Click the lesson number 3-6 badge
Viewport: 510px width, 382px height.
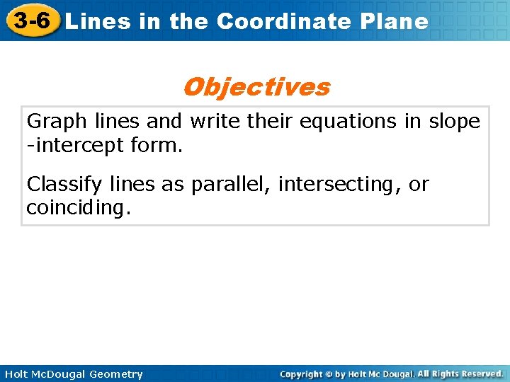click(x=30, y=21)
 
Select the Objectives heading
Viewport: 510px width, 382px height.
click(x=256, y=87)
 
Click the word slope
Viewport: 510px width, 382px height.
click(x=454, y=122)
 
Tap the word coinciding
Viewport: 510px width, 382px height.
click(x=79, y=209)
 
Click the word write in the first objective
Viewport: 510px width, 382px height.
click(x=215, y=122)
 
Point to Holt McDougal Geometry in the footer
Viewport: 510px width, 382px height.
click(x=73, y=374)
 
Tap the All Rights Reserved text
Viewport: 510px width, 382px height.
click(x=460, y=374)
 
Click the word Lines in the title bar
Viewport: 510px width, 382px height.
click(x=98, y=22)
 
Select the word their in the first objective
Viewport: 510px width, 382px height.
click(x=269, y=122)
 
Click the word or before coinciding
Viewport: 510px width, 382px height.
click(x=419, y=185)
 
